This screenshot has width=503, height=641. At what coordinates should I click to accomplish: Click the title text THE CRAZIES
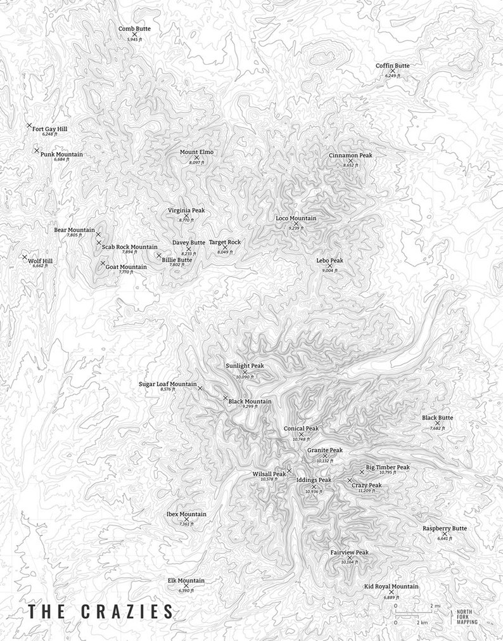pos(100,612)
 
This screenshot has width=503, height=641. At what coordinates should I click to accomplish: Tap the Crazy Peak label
pos(367,485)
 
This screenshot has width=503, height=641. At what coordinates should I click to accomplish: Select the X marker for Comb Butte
pos(134,34)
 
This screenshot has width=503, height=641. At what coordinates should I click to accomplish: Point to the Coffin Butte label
pos(392,65)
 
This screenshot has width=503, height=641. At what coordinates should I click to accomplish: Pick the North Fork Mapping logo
pos(467,616)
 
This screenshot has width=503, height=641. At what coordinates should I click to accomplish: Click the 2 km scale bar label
pos(421,623)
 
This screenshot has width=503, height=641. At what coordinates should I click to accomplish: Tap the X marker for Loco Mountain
pos(296,223)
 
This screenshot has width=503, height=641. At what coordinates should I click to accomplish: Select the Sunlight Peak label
pos(245,366)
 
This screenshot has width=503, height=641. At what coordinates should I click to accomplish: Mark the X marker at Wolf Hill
pos(25,257)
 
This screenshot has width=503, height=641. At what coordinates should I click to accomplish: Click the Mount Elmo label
pos(196,152)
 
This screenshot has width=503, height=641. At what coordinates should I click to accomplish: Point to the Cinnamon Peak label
pos(350,155)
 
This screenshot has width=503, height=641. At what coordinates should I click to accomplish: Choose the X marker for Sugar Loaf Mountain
pos(200,387)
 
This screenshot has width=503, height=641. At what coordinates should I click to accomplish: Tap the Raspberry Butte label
pos(445,528)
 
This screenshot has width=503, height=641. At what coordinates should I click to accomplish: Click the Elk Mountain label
pos(186,581)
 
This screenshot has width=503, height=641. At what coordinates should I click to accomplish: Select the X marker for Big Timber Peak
pos(362,471)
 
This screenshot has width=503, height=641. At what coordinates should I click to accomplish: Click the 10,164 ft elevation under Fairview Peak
pos(349,562)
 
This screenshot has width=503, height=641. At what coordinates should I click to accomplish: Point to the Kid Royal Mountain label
pos(391,586)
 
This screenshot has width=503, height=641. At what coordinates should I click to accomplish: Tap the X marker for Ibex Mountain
pos(186,519)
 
